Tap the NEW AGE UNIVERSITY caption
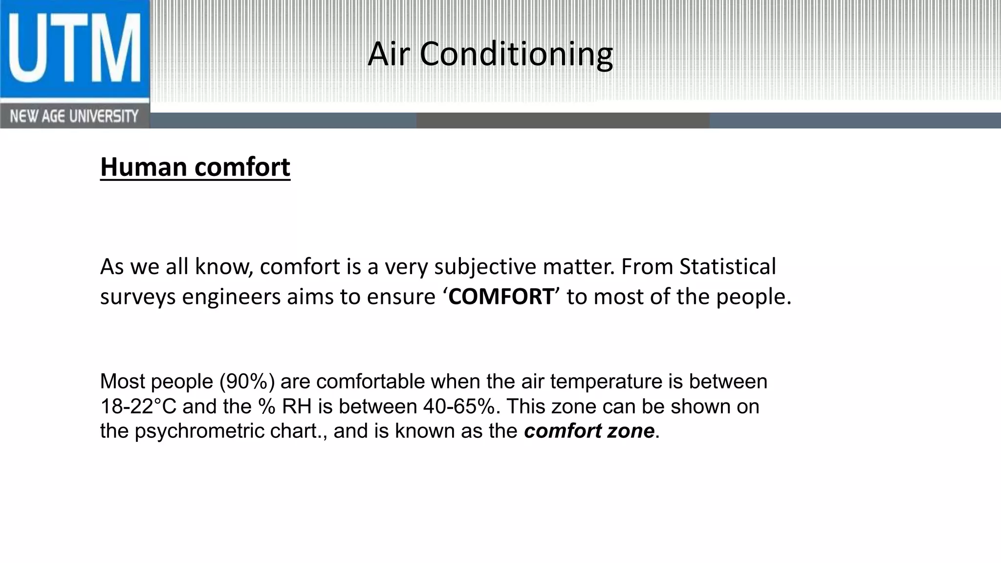pyautogui.click(x=74, y=117)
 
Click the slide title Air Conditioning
pyautogui.click(x=490, y=54)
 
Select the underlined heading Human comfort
pyautogui.click(x=195, y=167)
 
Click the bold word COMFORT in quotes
pyautogui.click(x=501, y=297)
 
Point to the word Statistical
pyautogui.click(x=727, y=267)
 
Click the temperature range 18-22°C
pyautogui.click(x=138, y=407)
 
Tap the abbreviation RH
pyautogui.click(x=297, y=407)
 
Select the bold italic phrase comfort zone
pyautogui.click(x=589, y=431)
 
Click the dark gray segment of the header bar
pyautogui.click(x=563, y=120)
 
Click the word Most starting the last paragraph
pyautogui.click(x=122, y=382)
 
